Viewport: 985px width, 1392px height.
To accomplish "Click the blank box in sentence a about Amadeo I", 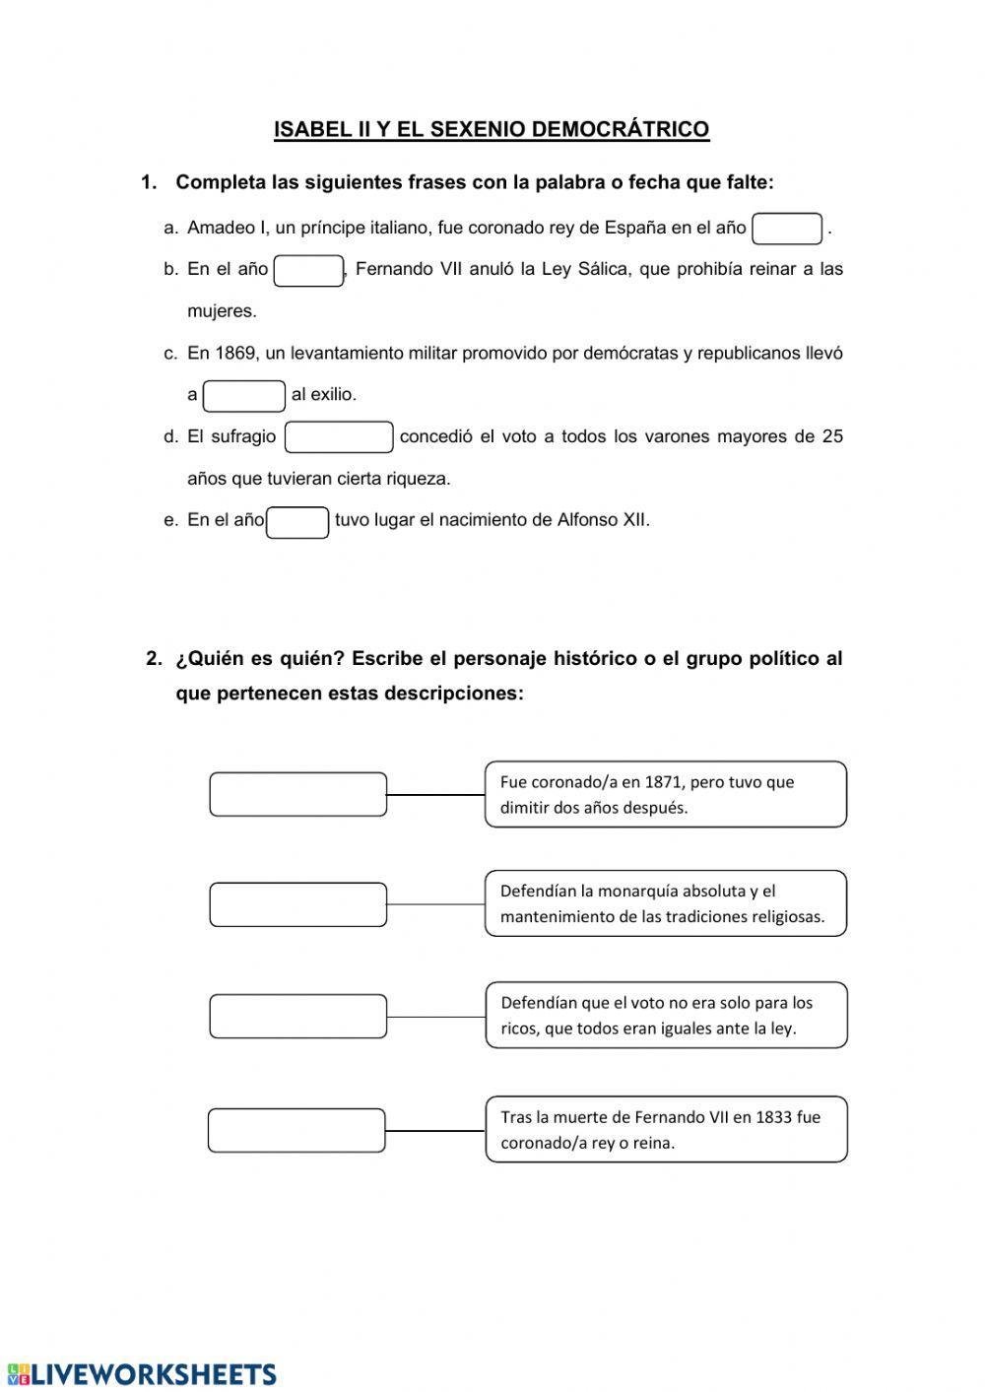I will pyautogui.click(x=786, y=229).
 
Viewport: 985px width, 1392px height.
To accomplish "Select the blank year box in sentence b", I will pyautogui.click(x=308, y=271).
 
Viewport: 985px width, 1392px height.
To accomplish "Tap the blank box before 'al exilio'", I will pyautogui.click(x=244, y=396).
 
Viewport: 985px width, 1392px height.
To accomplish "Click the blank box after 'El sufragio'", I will pyautogui.click(x=339, y=437).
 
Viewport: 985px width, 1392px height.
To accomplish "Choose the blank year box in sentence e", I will pyautogui.click(x=297, y=522).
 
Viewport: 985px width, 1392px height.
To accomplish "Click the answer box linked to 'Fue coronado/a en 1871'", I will pyautogui.click(x=297, y=794).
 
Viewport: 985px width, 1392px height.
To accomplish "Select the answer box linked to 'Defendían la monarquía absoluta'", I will pyautogui.click(x=297, y=904).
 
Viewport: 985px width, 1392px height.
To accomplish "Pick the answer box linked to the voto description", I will pyautogui.click(x=297, y=1016).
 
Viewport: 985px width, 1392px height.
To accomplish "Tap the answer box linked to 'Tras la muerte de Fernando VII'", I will pyautogui.click(x=296, y=1130).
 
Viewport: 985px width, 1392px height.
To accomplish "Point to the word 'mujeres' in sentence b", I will pyautogui.click(x=222, y=311).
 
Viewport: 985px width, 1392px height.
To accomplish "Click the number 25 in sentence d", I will pyautogui.click(x=832, y=436).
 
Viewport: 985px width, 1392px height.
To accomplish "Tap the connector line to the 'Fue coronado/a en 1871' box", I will pyautogui.click(x=435, y=794).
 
